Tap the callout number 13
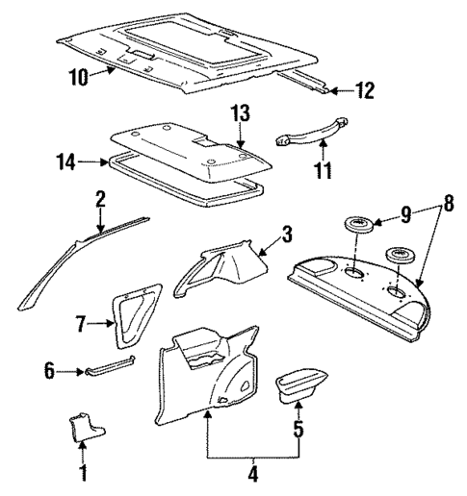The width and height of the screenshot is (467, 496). click(x=240, y=115)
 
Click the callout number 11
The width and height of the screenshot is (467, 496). click(x=323, y=173)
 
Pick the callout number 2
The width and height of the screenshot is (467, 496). click(x=99, y=201)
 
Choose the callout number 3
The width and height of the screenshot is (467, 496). click(x=287, y=235)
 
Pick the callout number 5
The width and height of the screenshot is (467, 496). click(x=298, y=430)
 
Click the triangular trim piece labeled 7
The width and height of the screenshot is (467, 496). click(x=130, y=317)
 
